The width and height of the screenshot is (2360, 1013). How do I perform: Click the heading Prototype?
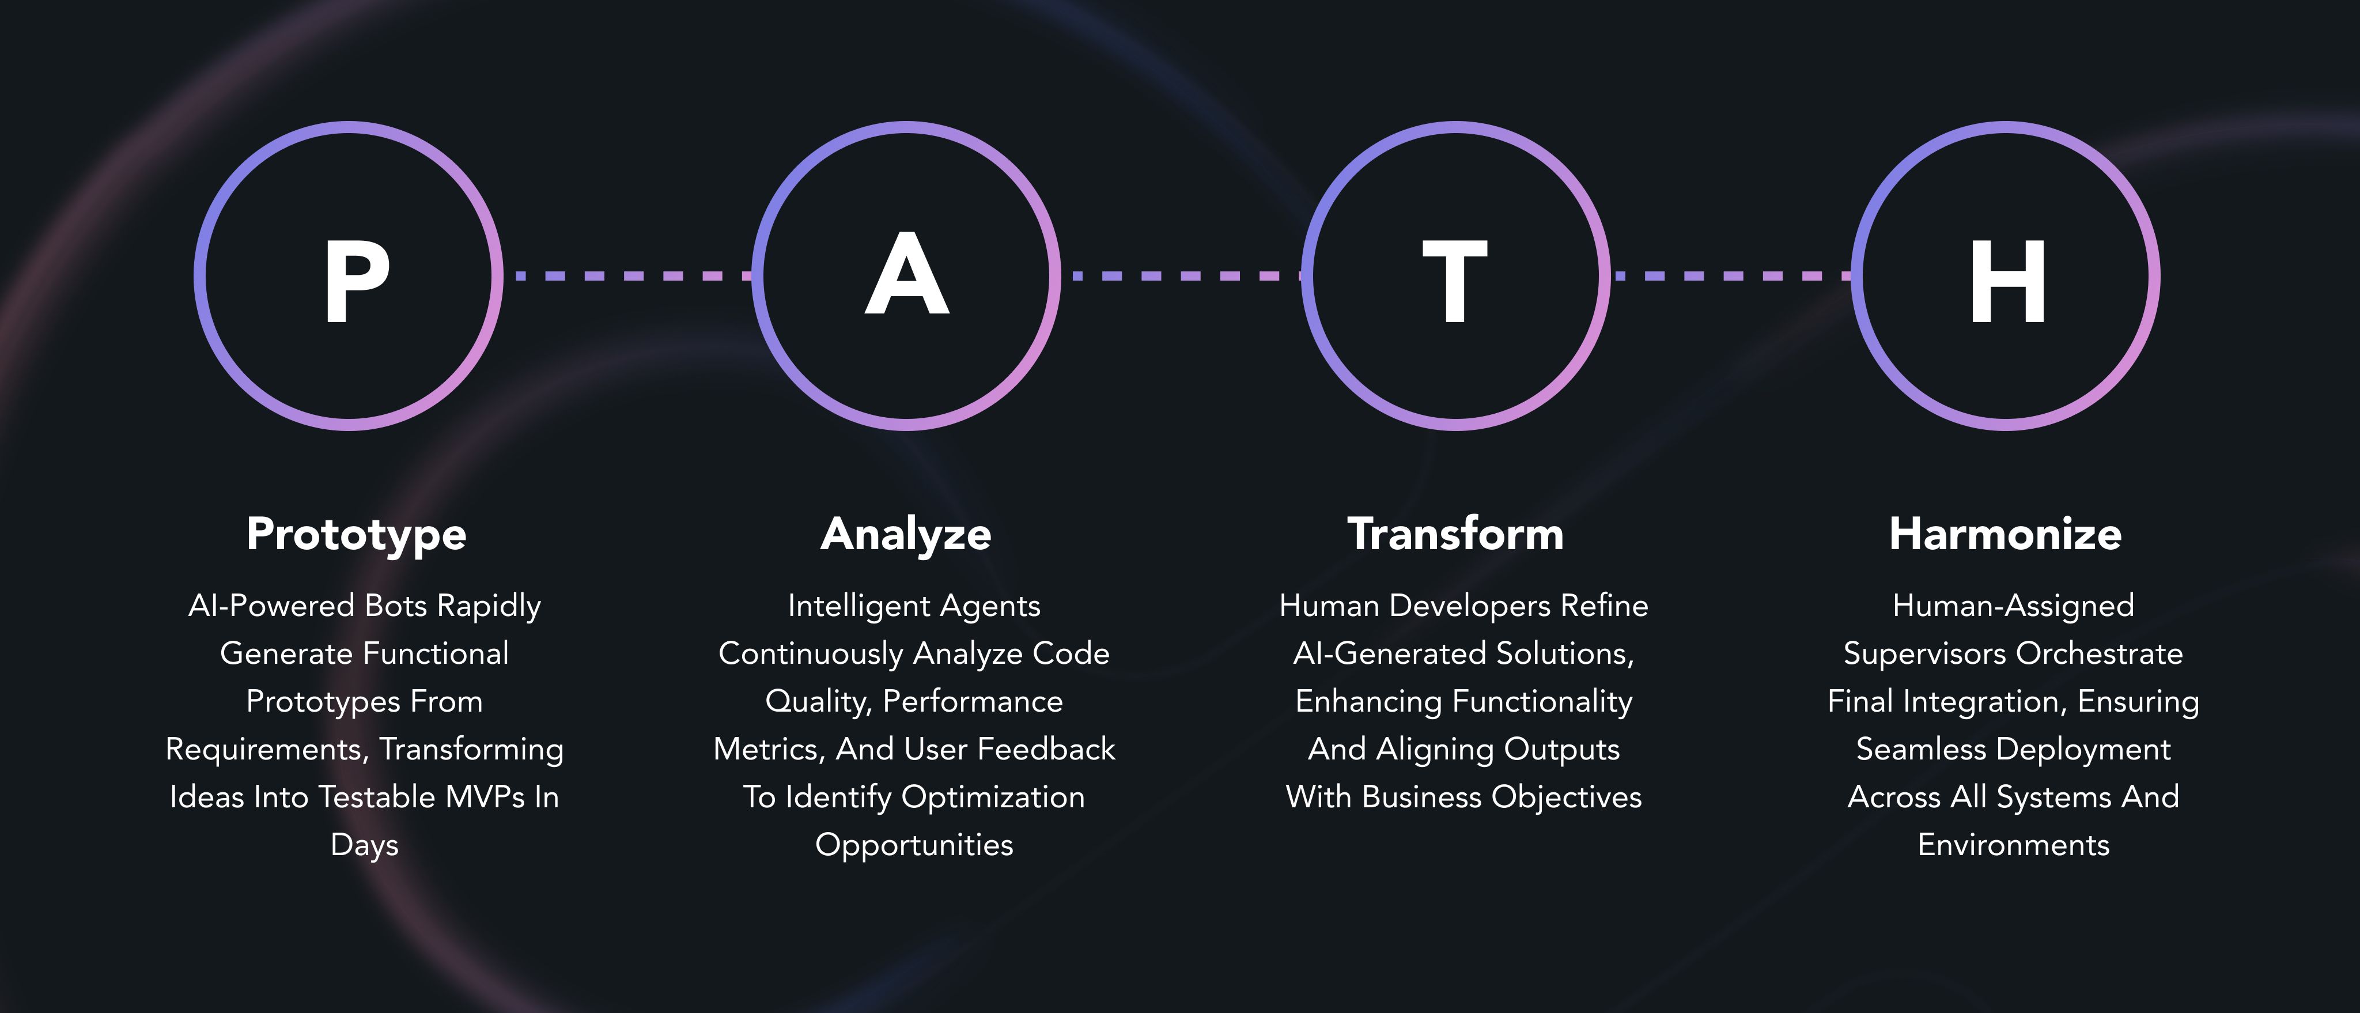coord(357,535)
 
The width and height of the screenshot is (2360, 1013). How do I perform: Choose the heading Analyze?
coord(906,535)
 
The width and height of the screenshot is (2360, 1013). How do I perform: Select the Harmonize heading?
coord(2006,534)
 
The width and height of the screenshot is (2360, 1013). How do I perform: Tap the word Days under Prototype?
coord(365,845)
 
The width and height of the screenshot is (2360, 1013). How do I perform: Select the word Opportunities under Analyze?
coord(914,845)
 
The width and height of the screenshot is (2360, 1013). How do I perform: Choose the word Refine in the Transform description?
coord(1604,606)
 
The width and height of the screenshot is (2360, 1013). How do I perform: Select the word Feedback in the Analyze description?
coord(1046,749)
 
